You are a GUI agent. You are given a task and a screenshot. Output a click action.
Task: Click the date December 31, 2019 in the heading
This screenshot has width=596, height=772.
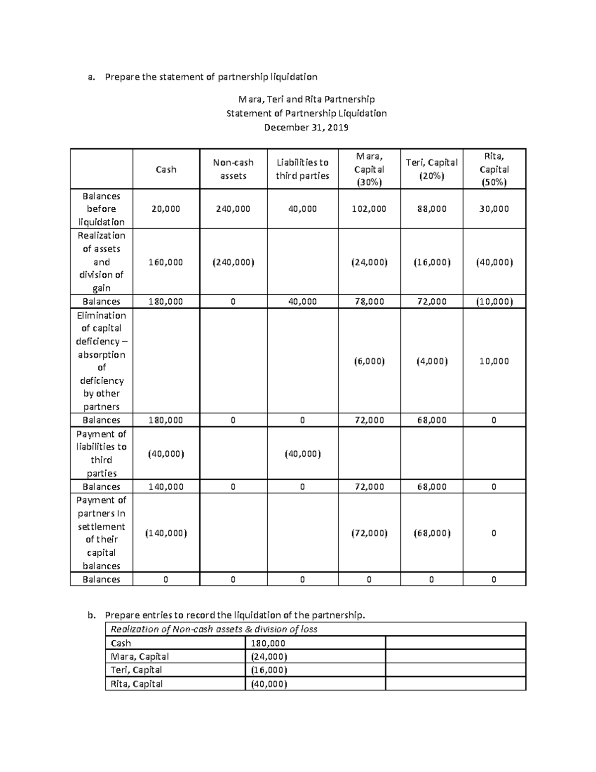pos(306,127)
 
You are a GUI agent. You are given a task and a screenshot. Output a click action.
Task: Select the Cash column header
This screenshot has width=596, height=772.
pos(166,170)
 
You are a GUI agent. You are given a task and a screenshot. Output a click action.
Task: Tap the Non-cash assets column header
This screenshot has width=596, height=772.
pos(233,169)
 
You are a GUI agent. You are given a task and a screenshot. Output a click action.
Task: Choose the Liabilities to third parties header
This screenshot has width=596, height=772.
pos(302,169)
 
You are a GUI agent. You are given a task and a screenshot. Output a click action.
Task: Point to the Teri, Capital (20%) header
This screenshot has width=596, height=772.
pos(431,169)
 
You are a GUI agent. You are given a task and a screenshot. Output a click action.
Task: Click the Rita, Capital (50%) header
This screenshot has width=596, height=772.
pos(494,169)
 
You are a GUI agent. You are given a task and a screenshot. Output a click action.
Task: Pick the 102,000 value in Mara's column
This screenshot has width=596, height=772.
pos(369,209)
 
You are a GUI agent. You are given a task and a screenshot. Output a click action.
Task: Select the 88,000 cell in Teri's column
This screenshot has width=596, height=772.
pos(431,209)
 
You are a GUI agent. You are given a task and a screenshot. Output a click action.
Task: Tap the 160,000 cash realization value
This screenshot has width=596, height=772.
pos(166,262)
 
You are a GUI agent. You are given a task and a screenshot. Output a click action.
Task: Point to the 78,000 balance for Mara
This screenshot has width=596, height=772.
pos(369,301)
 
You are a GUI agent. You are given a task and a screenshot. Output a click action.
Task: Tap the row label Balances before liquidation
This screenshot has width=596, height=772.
pos(101,209)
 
